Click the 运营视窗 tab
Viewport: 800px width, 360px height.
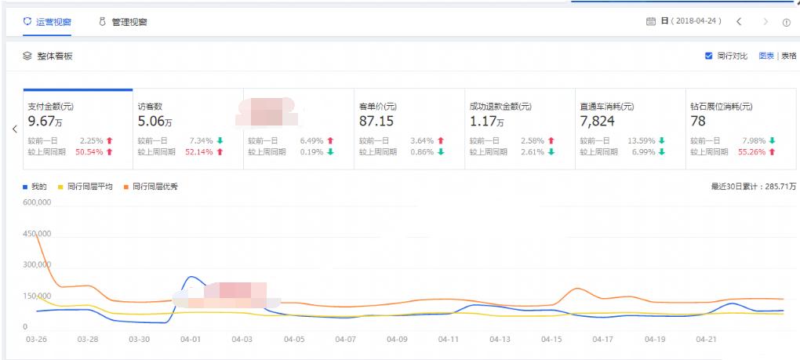(x=53, y=22)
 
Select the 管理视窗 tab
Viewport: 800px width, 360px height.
(x=129, y=22)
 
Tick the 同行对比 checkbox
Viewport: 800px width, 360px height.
(x=709, y=56)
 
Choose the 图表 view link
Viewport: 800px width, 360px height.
(x=766, y=56)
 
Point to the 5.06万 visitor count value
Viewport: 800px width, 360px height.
(x=155, y=122)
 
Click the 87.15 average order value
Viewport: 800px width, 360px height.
(x=376, y=122)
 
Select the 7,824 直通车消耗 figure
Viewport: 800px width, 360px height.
(x=597, y=122)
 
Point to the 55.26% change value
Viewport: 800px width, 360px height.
(x=751, y=151)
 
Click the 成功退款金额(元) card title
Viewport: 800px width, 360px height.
(x=500, y=107)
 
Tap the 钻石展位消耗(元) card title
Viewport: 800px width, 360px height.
(x=721, y=107)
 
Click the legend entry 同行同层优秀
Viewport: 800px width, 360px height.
(x=155, y=187)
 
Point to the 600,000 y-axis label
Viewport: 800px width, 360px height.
(x=38, y=202)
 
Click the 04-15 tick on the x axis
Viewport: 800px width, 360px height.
(x=551, y=339)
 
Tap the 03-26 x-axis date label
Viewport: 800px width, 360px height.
(x=36, y=339)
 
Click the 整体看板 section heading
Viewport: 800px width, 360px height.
(x=54, y=56)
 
